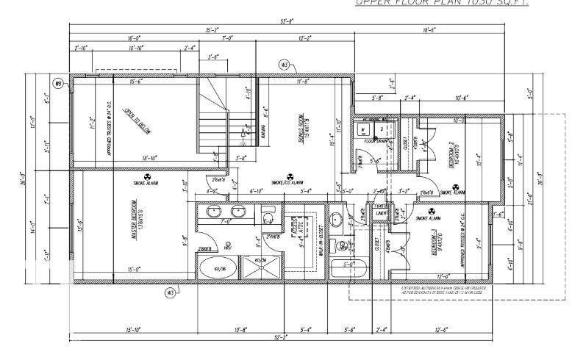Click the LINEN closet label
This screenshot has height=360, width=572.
point(381,213)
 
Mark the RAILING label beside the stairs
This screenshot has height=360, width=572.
point(262,132)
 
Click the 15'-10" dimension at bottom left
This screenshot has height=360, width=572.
point(132,329)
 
